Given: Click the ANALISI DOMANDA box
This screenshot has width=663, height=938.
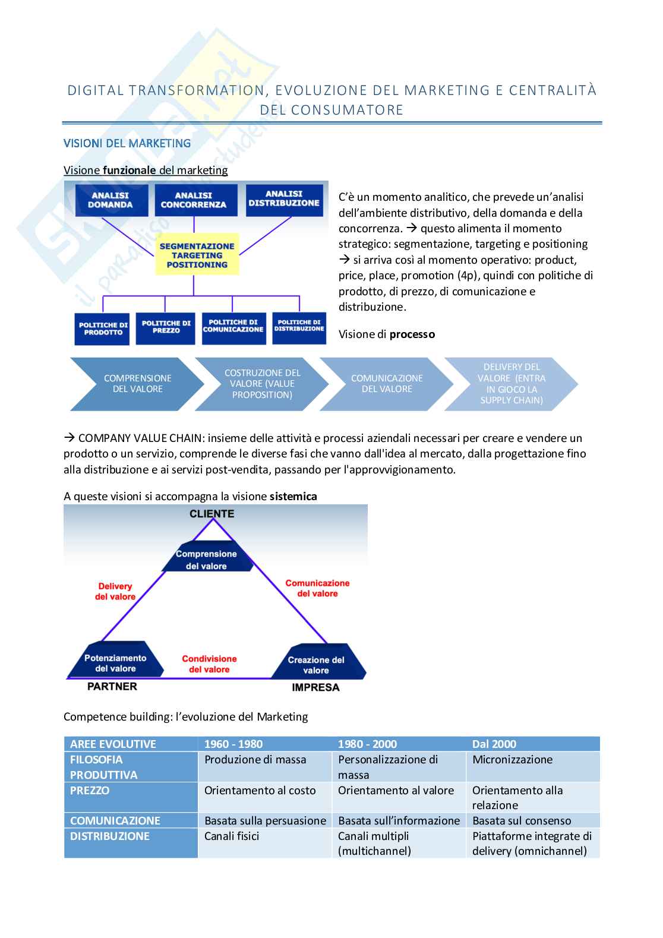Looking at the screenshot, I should coord(110,200).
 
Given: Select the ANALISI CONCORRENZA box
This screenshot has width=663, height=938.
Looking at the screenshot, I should coord(194,200).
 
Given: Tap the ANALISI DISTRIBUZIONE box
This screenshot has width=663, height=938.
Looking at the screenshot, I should coord(284,199).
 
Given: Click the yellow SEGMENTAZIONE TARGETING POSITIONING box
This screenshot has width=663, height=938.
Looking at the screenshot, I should coord(197,255).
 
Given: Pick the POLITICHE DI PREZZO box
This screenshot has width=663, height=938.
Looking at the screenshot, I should coord(166,327).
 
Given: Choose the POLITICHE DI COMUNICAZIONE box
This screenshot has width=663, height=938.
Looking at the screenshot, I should coord(233,327).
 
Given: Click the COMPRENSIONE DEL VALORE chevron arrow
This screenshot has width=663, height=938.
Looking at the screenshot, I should coord(137,384).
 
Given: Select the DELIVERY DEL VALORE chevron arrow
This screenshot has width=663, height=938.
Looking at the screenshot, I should coord(511,384).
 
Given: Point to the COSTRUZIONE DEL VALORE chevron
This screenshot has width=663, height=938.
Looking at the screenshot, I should coord(262,384).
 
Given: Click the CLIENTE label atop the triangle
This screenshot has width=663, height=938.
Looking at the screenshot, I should coord(212,514).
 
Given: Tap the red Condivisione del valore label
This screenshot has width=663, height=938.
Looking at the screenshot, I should coord(209,664).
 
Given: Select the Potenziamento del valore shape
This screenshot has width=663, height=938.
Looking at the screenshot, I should coord(115,662).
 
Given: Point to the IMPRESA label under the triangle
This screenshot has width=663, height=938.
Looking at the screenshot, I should coord(315,687).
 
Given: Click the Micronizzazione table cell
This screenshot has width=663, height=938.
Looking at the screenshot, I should coord(512,760).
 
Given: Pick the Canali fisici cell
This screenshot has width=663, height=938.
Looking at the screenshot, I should coord(232,836).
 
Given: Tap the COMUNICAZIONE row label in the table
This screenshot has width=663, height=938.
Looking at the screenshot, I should coord(115,821).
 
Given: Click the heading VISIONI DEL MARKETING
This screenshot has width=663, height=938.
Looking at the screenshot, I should coord(127,143).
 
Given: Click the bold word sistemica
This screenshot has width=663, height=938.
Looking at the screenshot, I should coord(293,497).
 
